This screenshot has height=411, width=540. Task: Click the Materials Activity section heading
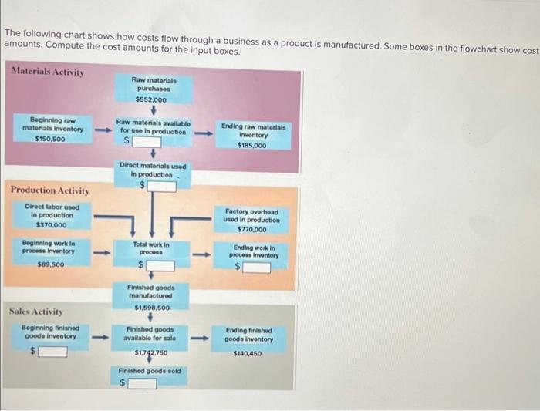[x=49, y=72]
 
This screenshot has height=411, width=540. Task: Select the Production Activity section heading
[x=49, y=190]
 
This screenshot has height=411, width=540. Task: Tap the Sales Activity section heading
[x=37, y=312]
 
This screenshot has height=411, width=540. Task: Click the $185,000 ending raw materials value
[x=253, y=145]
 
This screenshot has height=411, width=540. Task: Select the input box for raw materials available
[x=147, y=142]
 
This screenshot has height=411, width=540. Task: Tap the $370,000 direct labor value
[x=49, y=224]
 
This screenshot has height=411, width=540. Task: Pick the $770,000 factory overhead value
[x=252, y=229]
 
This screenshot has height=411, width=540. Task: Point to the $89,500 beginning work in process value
[x=49, y=264]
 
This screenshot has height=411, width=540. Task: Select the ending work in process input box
[x=258, y=268]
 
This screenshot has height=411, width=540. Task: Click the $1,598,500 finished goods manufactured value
[x=151, y=307]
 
